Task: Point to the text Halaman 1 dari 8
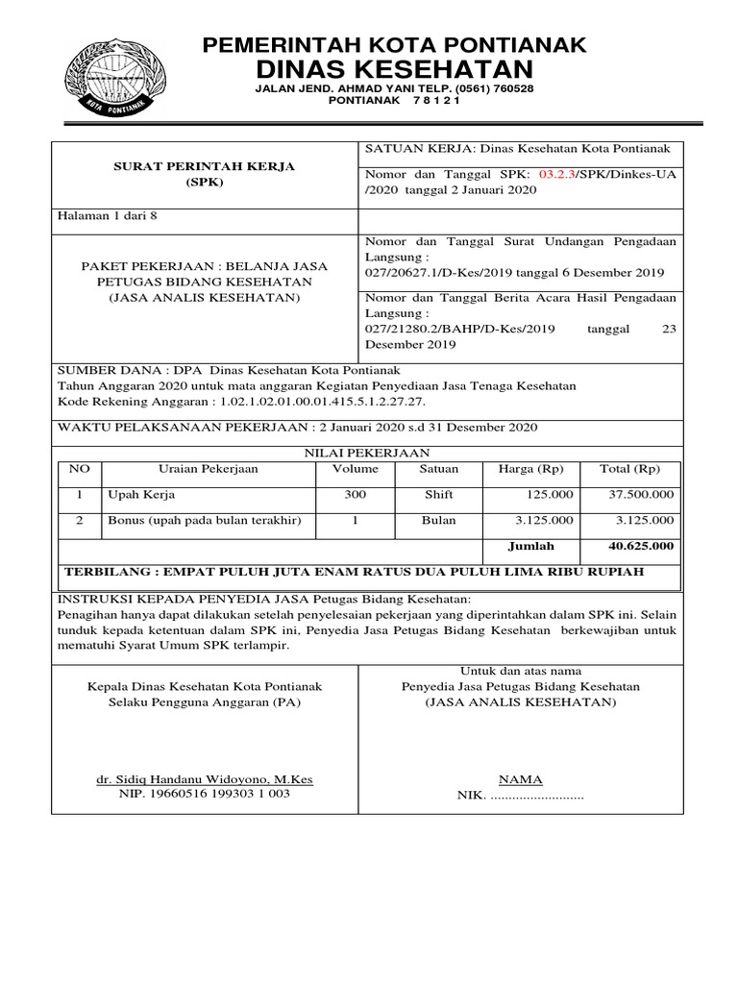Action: (x=108, y=216)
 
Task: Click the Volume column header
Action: (x=356, y=470)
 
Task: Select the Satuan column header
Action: (x=439, y=470)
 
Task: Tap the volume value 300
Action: (x=356, y=495)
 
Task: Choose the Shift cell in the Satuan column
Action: (x=438, y=495)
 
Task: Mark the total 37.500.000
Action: (x=641, y=495)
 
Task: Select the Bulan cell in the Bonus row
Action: (x=438, y=520)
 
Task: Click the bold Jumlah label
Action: (x=530, y=546)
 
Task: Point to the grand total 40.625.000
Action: (x=641, y=546)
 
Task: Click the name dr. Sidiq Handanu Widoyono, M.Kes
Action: (x=204, y=779)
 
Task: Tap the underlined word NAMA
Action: (x=520, y=779)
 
